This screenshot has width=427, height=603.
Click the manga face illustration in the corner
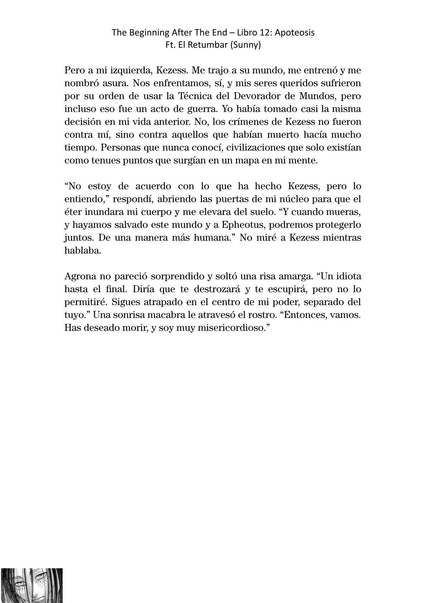click(32, 585)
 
